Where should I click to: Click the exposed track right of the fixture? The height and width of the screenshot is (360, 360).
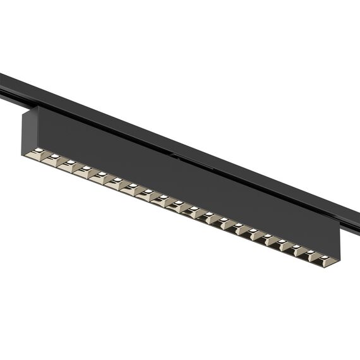click(351, 215)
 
